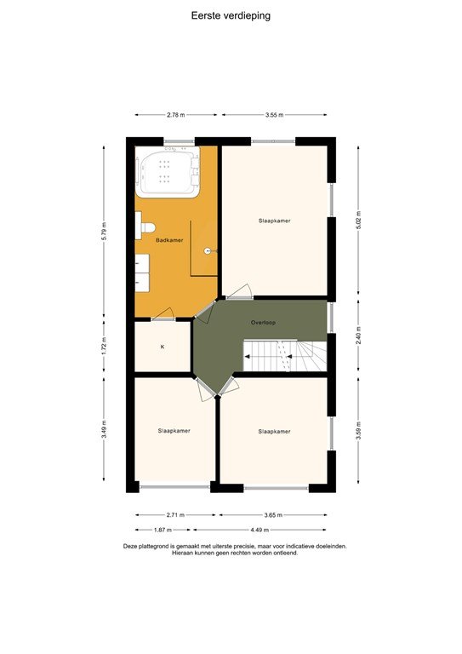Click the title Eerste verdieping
[x=231, y=15]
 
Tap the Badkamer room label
[x=169, y=241]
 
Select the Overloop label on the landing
[x=263, y=324]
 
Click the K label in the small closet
[x=162, y=347]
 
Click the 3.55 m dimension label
[x=274, y=114]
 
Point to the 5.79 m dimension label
[x=104, y=232]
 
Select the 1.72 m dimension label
[x=104, y=347]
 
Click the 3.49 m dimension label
[x=104, y=429]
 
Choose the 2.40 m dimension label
[x=358, y=337]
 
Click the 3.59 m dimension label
[x=358, y=430]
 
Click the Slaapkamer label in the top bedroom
[x=275, y=221]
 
